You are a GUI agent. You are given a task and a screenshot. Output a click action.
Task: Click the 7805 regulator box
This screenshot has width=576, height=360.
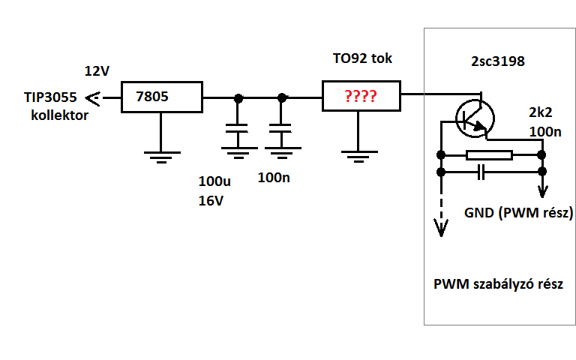pos(162,97)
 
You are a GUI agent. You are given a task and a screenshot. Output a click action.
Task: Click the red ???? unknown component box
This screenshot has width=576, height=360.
pos(361,97)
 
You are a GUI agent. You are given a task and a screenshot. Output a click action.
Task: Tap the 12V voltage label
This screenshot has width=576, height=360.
pos(97,71)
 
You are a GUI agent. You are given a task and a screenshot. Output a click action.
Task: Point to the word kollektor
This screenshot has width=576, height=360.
pos(60,115)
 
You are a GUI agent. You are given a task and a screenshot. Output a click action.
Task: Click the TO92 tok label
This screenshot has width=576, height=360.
pos(362,58)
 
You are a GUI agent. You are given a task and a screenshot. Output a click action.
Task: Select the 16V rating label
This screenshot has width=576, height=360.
pos(211,201)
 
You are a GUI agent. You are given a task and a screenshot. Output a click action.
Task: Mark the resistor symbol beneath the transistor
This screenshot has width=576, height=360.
pos(488,156)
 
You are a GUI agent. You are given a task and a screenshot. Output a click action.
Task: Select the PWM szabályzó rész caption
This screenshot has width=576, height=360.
pos(498,286)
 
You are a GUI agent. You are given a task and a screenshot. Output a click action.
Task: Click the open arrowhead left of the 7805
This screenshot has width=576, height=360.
pos(94,97)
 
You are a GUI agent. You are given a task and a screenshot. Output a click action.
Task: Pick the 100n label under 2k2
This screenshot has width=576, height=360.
pos(545,133)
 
